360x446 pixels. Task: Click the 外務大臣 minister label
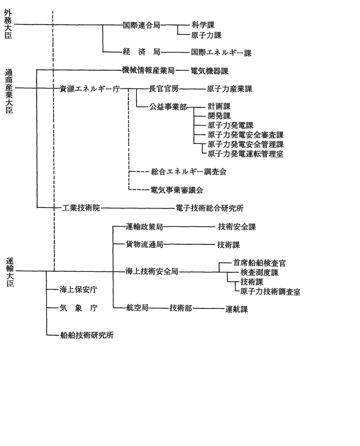point(8,24)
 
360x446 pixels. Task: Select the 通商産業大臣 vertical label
point(9,91)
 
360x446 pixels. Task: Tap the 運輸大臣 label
point(10,272)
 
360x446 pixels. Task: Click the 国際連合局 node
point(141,25)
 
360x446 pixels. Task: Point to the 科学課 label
point(203,25)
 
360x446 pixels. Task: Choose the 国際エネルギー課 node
point(221,53)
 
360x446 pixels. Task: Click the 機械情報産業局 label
point(148,70)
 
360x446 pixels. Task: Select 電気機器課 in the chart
point(209,71)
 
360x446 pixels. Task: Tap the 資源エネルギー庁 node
point(90,89)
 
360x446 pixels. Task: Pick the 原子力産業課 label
point(229,89)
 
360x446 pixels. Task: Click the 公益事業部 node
point(168,107)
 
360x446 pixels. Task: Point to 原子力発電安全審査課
point(245,135)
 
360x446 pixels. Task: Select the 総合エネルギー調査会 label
point(189,171)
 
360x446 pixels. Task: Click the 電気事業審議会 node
point(177,190)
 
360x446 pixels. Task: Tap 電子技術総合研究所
point(209,208)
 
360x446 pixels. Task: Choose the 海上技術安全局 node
point(152,271)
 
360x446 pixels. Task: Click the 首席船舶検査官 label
point(260,263)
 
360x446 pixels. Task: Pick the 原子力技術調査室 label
point(270,292)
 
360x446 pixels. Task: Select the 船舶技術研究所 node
point(87,335)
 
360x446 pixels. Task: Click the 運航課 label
point(236,309)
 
